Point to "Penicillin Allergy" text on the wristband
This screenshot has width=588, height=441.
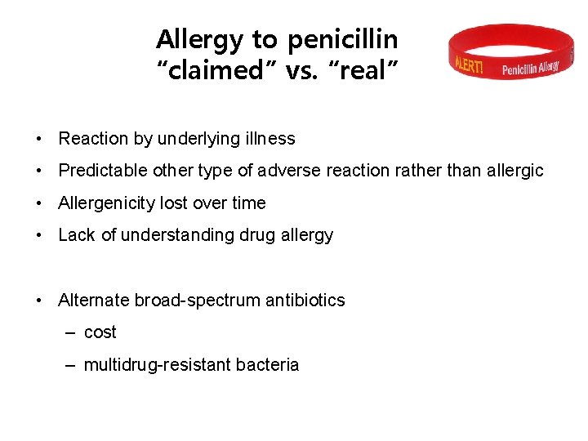click(531, 67)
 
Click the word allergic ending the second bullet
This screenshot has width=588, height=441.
click(511, 171)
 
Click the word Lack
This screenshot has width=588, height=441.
click(77, 235)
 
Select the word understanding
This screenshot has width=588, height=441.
click(174, 235)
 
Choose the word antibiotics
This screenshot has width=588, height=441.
click(305, 301)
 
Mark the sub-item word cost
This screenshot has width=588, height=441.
click(100, 332)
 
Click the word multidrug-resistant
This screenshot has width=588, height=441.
click(157, 365)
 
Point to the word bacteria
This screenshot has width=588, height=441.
click(267, 365)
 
